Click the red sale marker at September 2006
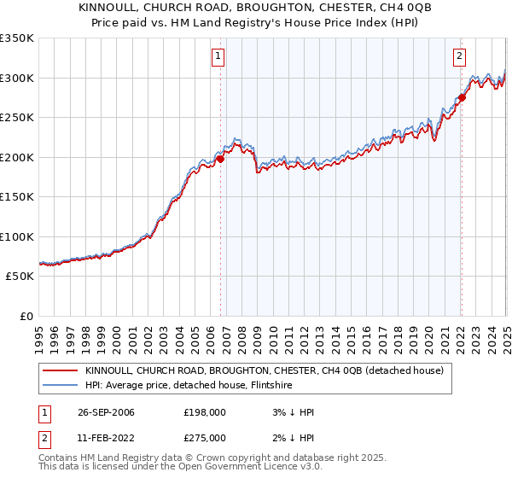pos(220,158)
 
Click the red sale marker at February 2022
pos(462,97)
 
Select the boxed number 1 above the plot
pos(218,57)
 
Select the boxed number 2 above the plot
pos(459,57)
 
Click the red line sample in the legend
pos(59,371)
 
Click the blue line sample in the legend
pos(59,386)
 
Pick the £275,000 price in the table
pos(205,437)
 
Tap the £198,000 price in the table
pos(205,412)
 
